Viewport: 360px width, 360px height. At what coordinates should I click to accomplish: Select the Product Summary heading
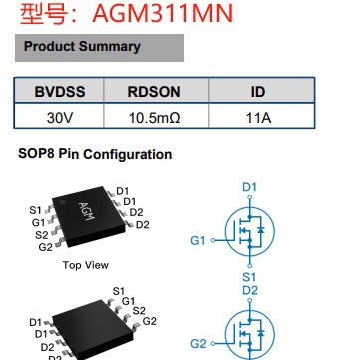82,47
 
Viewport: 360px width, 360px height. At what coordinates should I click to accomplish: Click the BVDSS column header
61,92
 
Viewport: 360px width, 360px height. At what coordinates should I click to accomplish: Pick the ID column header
257,92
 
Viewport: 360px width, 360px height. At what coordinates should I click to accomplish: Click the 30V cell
61,116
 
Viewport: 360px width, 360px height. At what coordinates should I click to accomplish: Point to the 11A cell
257,116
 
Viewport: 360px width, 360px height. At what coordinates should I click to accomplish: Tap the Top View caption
85,265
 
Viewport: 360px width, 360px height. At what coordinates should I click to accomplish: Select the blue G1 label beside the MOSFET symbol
197,240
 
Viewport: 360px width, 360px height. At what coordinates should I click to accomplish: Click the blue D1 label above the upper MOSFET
250,186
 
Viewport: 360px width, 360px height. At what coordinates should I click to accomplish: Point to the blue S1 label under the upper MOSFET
250,276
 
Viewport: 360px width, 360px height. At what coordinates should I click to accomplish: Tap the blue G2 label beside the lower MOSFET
197,343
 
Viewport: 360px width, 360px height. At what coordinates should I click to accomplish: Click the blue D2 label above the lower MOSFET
250,290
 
